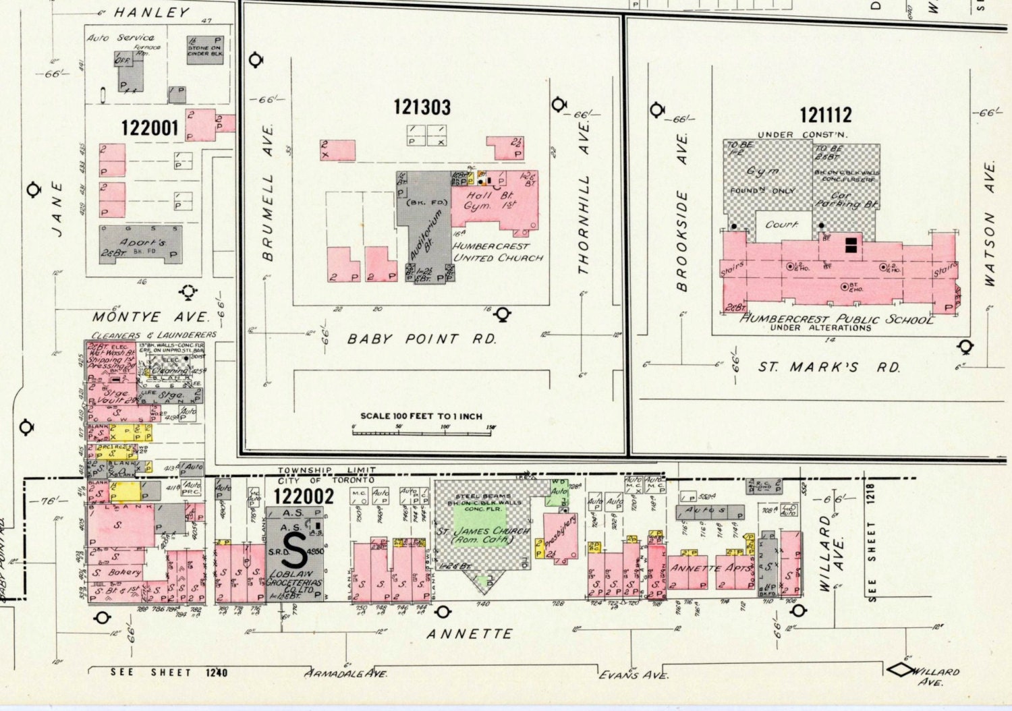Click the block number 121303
pos(422,107)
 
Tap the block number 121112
pos(825,115)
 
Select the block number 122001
pos(150,127)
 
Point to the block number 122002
pos(304,496)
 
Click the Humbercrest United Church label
pos(498,252)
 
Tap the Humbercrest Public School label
pos(837,318)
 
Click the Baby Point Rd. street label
pos(422,339)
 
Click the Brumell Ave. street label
pos(269,192)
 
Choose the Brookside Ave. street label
pos(682,212)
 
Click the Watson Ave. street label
pos(990,223)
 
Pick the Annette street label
pos(470,634)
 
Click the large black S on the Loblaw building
pos(294,551)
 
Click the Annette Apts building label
pos(711,568)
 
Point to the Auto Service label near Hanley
pos(121,38)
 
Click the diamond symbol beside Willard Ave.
pos(899,670)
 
